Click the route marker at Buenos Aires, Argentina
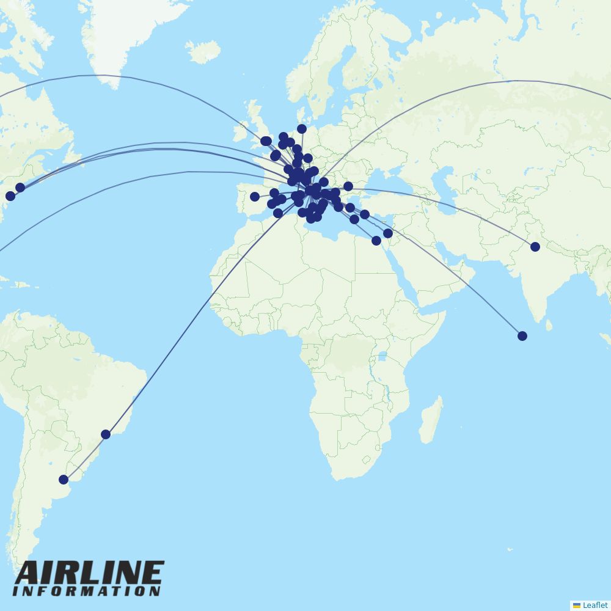click(64, 480)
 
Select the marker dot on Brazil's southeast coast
click(106, 434)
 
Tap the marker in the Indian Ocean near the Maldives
click(522, 336)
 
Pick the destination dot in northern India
click(535, 247)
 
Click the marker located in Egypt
click(376, 241)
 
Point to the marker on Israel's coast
click(388, 233)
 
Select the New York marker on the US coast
click(10, 196)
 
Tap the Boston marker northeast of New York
click(20, 188)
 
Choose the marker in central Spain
click(255, 197)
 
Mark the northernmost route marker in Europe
click(302, 129)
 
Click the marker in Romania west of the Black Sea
click(348, 186)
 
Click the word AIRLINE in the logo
click(89, 573)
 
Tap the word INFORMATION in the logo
click(87, 591)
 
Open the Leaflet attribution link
click(595, 605)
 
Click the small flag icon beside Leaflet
click(577, 605)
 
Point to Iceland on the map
click(202, 52)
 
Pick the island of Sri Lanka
click(548, 325)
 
